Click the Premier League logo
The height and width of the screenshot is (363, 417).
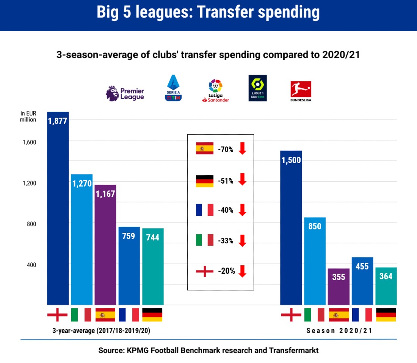click(125, 93)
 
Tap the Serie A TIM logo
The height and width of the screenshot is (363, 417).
click(173, 88)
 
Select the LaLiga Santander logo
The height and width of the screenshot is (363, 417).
click(216, 91)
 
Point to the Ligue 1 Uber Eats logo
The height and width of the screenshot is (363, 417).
click(257, 88)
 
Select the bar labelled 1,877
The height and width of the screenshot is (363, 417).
click(58, 208)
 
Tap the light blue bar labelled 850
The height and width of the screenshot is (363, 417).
click(315, 261)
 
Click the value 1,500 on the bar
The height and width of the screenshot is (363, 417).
click(291, 160)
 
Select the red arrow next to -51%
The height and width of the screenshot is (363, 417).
click(243, 179)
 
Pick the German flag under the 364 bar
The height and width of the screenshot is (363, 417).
click(386, 315)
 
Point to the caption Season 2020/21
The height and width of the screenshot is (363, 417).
click(339, 330)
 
